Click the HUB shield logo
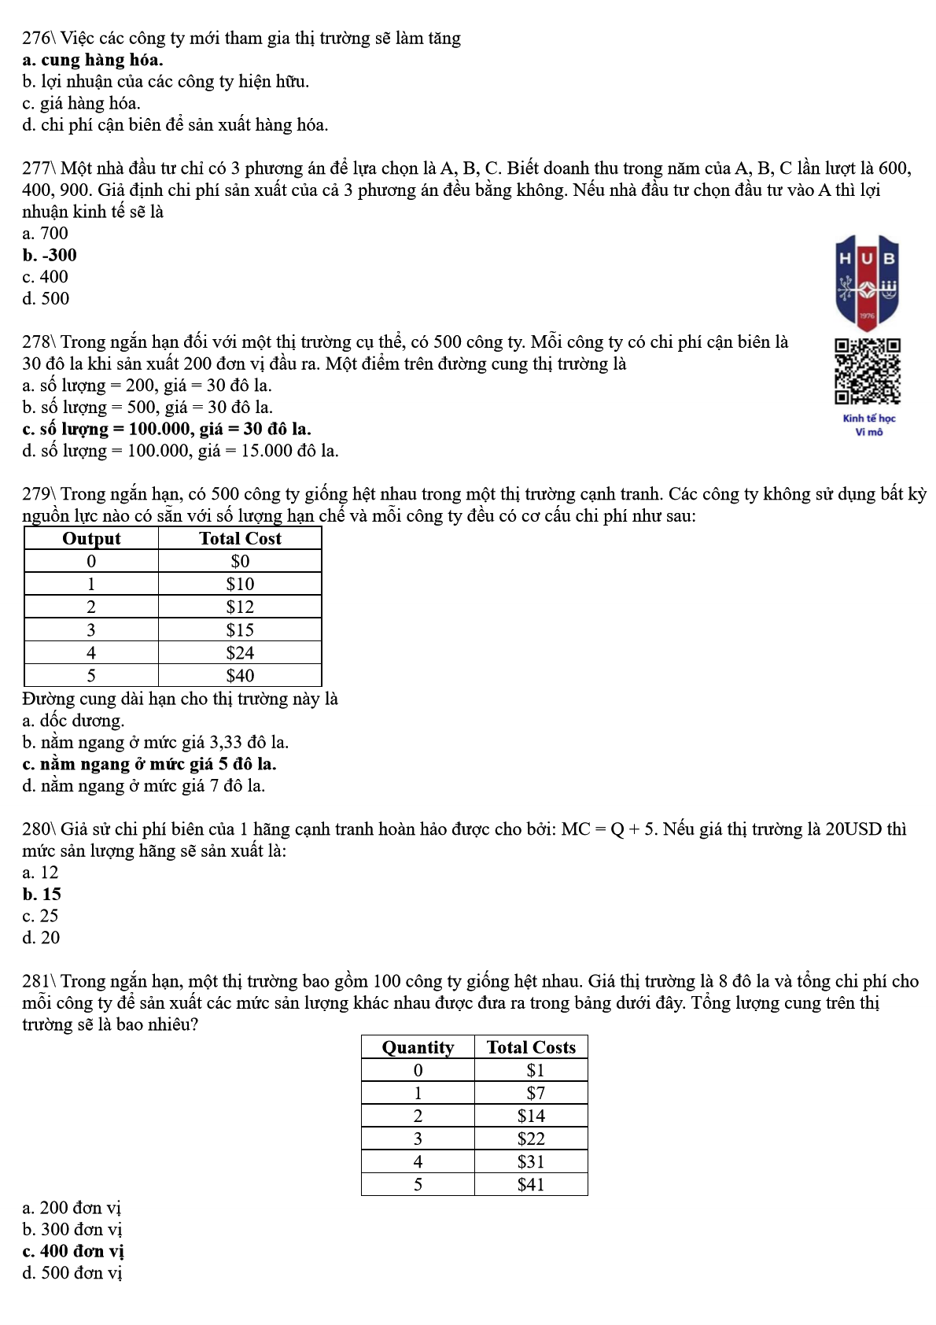pyautogui.click(x=867, y=282)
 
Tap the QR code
pyautogui.click(x=868, y=371)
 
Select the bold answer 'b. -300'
pyautogui.click(x=50, y=255)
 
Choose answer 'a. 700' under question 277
pyautogui.click(x=46, y=234)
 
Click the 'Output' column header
pyautogui.click(x=91, y=539)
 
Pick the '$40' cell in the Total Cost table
pyautogui.click(x=240, y=676)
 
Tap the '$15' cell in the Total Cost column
pyautogui.click(x=240, y=630)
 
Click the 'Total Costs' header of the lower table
pyautogui.click(x=531, y=1047)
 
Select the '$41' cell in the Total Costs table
pyautogui.click(x=531, y=1185)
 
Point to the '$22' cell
pyautogui.click(x=531, y=1139)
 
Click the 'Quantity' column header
pyautogui.click(x=418, y=1047)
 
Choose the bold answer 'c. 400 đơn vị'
pyautogui.click(x=73, y=1251)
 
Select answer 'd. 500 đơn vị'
pyautogui.click(x=72, y=1273)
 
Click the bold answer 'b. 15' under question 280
pyautogui.click(x=42, y=895)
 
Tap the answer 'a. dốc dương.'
pyautogui.click(x=73, y=721)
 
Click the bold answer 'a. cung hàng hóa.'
pyautogui.click(x=93, y=61)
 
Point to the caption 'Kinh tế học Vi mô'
pyautogui.click(x=869, y=425)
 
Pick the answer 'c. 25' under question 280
pyautogui.click(x=41, y=916)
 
